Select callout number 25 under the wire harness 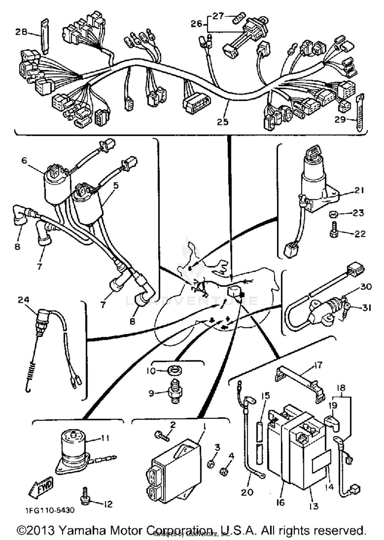pos(222,122)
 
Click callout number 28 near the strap pos(21,32)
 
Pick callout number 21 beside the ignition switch pos(359,190)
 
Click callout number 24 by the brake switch pos(24,300)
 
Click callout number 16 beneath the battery pos(281,502)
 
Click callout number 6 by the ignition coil pos(24,160)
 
